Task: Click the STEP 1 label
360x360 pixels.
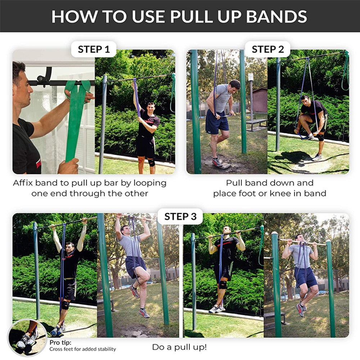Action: coord(94,49)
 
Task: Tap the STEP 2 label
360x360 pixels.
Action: coord(267,49)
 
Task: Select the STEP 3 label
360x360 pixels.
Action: coord(180,216)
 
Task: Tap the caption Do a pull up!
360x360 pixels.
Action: coord(179,347)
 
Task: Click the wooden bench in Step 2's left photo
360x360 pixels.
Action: coord(257,123)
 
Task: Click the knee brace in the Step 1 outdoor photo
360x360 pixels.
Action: coord(152,162)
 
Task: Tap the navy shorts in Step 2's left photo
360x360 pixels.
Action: coord(217,122)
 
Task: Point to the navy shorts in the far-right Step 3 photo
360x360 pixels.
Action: coord(306,276)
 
